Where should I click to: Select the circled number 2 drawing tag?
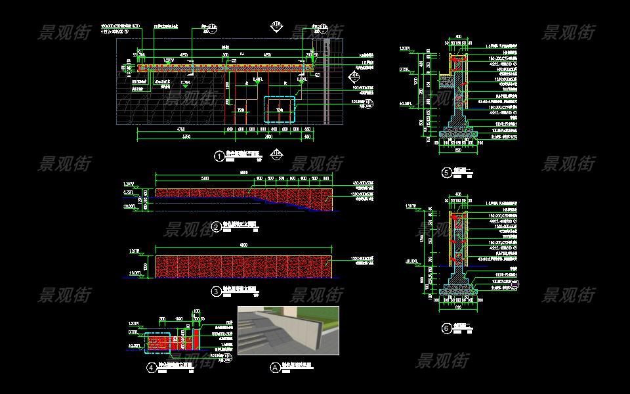[217, 227]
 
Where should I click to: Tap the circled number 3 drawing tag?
[216, 289]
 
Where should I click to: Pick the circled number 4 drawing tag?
[153, 368]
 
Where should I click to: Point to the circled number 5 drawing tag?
[447, 173]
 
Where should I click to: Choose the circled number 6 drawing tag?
[447, 328]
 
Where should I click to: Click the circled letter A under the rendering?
[274, 367]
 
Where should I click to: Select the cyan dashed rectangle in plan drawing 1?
[280, 110]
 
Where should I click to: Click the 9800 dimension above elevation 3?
[244, 246]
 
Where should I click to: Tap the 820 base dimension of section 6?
[458, 305]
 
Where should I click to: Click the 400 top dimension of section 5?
[458, 37]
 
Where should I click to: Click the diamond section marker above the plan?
[276, 27]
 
